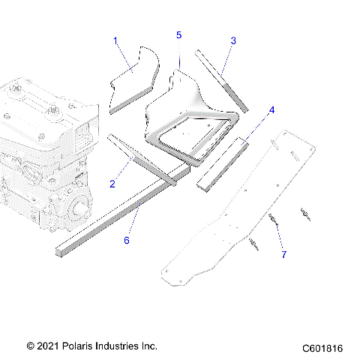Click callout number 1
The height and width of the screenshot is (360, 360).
point(116,40)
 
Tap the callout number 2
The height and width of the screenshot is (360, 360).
point(113,184)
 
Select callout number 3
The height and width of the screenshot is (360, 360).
point(233,40)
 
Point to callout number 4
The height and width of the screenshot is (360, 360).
point(272,110)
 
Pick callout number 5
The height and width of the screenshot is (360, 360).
point(178,35)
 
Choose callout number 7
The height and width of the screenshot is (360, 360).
point(283,255)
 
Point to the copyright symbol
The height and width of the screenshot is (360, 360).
point(31,346)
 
